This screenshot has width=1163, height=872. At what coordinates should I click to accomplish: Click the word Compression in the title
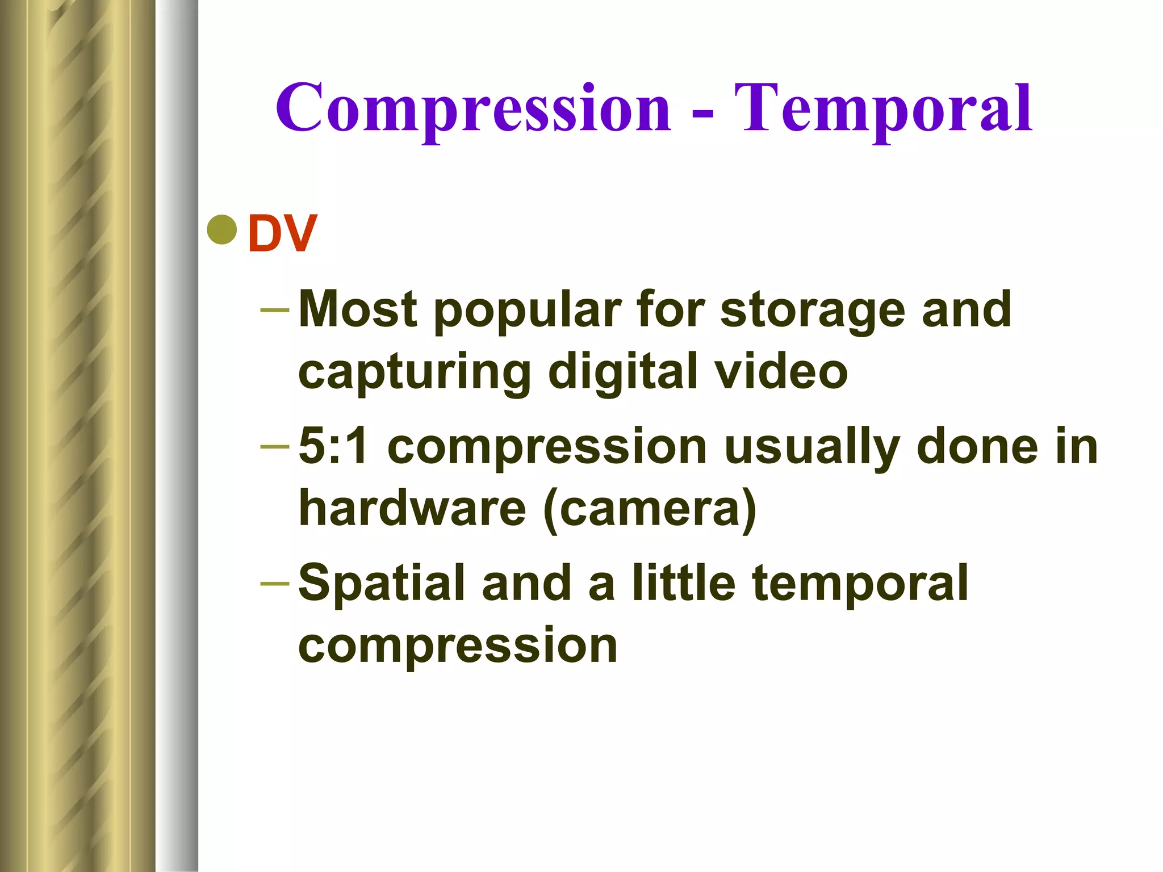point(473,108)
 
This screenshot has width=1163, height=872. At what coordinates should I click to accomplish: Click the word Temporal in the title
point(883,108)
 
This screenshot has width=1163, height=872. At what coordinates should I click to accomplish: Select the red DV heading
point(282,233)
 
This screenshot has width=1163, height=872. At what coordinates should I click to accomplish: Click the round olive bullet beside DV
point(222,230)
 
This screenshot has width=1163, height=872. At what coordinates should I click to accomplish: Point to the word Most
point(358,309)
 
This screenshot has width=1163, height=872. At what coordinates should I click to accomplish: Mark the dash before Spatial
point(275,583)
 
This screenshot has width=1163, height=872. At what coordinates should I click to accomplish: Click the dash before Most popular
point(275,310)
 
